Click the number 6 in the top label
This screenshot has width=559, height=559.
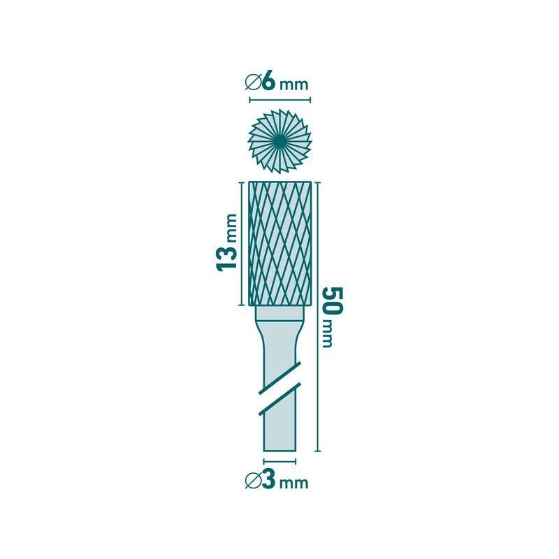point(269,82)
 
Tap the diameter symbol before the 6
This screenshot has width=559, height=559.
point(253,83)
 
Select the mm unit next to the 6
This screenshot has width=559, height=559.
point(293,85)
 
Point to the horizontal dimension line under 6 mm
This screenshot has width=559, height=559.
point(279,100)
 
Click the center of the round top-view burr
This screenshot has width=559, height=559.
point(279,140)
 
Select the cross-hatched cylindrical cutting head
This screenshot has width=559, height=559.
point(279,243)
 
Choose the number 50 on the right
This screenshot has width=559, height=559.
point(334,300)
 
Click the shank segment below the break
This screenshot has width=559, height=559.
point(279,430)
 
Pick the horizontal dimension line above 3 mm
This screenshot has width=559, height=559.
point(279,461)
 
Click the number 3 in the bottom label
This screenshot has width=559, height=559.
point(268,481)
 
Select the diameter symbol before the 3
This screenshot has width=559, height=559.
point(253,481)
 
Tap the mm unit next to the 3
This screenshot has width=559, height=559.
point(293,484)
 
